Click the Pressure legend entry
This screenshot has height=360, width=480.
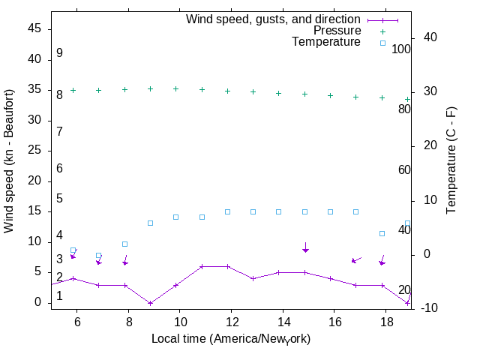(x=337, y=31)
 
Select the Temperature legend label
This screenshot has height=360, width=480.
(x=325, y=42)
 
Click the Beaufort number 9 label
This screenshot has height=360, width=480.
(x=59, y=53)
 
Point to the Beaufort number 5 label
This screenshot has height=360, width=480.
(x=59, y=199)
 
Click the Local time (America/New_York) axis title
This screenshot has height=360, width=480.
(x=231, y=339)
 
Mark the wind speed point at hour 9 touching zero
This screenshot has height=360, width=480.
(x=150, y=303)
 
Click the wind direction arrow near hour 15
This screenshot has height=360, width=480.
(x=305, y=247)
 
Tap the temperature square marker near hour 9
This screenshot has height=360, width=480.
(x=150, y=223)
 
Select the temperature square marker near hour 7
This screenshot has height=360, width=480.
(x=98, y=256)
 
